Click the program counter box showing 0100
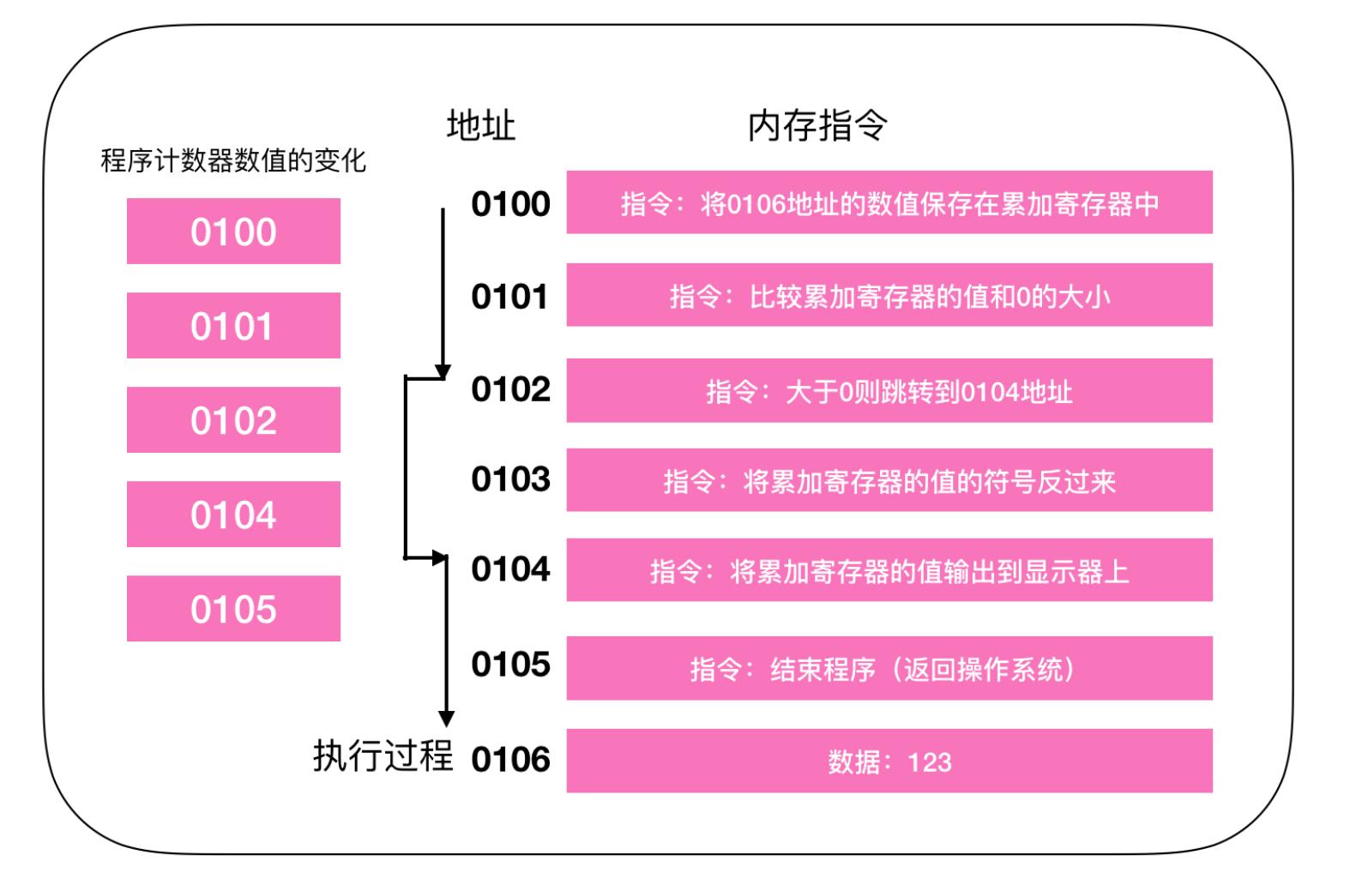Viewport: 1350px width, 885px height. [x=233, y=232]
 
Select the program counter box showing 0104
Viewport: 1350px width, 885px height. [x=233, y=515]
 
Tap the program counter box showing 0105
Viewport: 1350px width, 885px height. [x=233, y=609]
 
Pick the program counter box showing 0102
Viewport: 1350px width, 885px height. [x=233, y=420]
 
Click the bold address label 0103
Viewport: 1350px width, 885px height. [x=510, y=479]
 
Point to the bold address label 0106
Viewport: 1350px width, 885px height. [x=510, y=760]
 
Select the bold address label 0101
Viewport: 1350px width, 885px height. [x=509, y=297]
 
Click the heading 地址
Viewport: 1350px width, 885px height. [x=480, y=126]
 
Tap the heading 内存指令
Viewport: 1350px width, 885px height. [x=817, y=126]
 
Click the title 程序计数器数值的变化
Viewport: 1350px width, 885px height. [x=233, y=160]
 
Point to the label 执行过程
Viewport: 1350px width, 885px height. [x=383, y=756]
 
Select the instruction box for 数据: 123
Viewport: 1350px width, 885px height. [x=889, y=761]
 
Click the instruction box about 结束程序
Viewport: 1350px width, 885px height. [x=889, y=668]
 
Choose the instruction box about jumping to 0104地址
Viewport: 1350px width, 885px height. [x=889, y=391]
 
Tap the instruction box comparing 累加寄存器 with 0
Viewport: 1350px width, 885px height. [x=889, y=295]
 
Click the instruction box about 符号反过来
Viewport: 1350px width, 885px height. [x=889, y=480]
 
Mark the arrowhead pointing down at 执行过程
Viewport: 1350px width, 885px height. [x=446, y=719]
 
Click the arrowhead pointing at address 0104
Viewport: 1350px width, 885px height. [x=442, y=558]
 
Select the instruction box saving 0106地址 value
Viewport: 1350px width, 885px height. [x=889, y=202]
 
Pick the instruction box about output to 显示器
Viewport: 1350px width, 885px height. [x=889, y=570]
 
